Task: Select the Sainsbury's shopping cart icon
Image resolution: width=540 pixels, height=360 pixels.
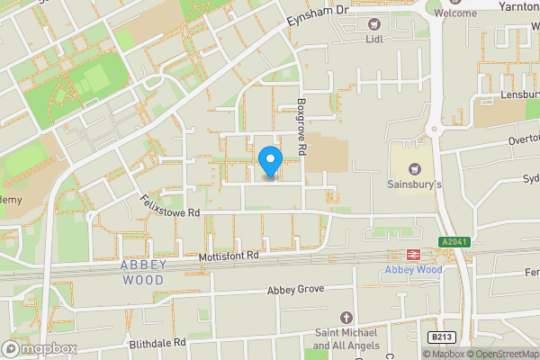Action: click(x=415, y=167)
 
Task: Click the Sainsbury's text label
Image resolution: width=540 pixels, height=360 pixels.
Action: click(x=415, y=184)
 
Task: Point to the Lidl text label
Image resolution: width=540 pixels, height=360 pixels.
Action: click(x=374, y=40)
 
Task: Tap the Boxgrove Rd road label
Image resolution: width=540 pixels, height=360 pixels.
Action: click(x=302, y=123)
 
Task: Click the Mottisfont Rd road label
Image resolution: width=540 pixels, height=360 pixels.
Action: click(x=229, y=256)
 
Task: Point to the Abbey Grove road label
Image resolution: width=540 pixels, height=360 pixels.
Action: click(x=295, y=291)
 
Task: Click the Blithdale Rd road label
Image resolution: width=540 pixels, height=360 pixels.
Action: click(x=157, y=343)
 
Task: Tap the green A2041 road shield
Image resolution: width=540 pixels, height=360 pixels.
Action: click(x=455, y=242)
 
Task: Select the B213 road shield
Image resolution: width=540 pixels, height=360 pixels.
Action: click(x=442, y=337)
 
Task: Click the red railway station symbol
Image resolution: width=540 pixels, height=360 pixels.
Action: click(x=414, y=255)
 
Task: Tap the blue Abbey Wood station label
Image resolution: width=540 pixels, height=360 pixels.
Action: click(x=413, y=269)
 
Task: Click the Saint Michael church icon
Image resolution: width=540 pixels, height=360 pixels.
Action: click(x=346, y=318)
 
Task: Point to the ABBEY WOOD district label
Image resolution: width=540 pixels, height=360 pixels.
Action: click(x=141, y=273)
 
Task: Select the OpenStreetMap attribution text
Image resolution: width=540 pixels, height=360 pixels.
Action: click(x=499, y=354)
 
